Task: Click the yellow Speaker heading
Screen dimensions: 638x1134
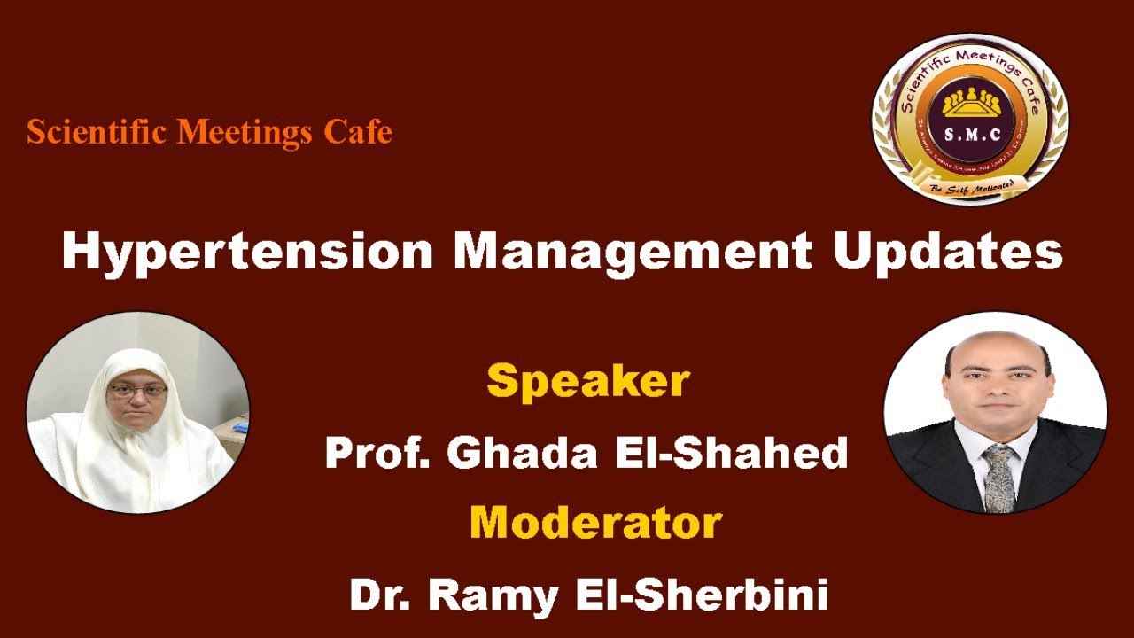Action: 587,382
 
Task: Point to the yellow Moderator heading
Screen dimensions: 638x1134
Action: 595,523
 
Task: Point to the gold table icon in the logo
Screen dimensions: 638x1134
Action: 970,103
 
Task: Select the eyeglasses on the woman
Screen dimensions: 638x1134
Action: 136,391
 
